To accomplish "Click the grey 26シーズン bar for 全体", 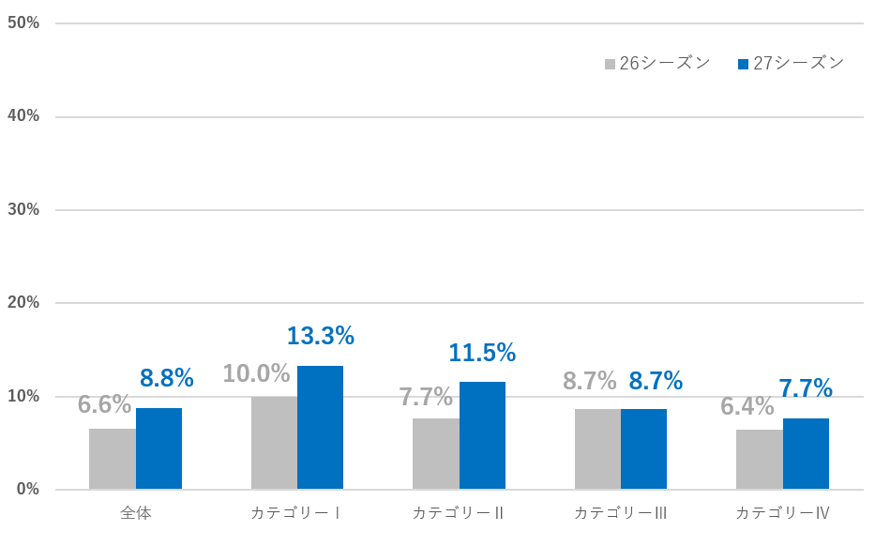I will point(113,459).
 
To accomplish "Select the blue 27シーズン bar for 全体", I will point(158,448).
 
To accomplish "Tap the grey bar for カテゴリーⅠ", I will point(274,443).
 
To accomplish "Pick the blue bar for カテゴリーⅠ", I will point(320,428).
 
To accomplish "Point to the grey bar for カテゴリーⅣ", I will point(759,460).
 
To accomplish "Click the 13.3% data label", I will point(320,336).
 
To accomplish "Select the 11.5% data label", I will point(482,353).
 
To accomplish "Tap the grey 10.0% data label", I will point(256,373).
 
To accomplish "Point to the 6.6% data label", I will point(104,404).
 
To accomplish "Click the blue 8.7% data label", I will point(656,381).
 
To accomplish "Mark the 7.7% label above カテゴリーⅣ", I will point(806,387).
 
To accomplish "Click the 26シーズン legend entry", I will point(657,63).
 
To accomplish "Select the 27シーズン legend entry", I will point(792,63).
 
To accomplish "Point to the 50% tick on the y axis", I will point(23,23).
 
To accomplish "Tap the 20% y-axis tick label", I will point(23,303).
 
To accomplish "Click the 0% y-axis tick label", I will point(27,490).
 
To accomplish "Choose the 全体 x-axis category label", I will point(136,513).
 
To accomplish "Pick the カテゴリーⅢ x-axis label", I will point(620,513).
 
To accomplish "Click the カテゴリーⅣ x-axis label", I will point(782,513).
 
